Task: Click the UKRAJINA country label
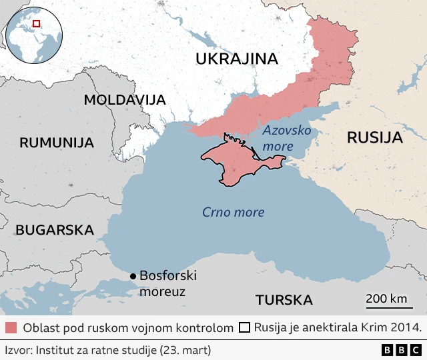(x=236, y=59)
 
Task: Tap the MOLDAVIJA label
(x=124, y=101)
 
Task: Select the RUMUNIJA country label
(x=57, y=142)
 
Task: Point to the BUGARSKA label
(x=54, y=230)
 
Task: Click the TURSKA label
(x=284, y=299)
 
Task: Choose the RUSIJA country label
(x=375, y=138)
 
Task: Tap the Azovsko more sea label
(x=286, y=137)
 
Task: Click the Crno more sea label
(x=234, y=213)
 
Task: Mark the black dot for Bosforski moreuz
(x=133, y=276)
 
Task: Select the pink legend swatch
(x=11, y=328)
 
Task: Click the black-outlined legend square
(x=244, y=328)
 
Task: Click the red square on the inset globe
(x=36, y=23)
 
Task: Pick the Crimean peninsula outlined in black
(x=234, y=160)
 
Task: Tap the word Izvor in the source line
(x=18, y=349)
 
